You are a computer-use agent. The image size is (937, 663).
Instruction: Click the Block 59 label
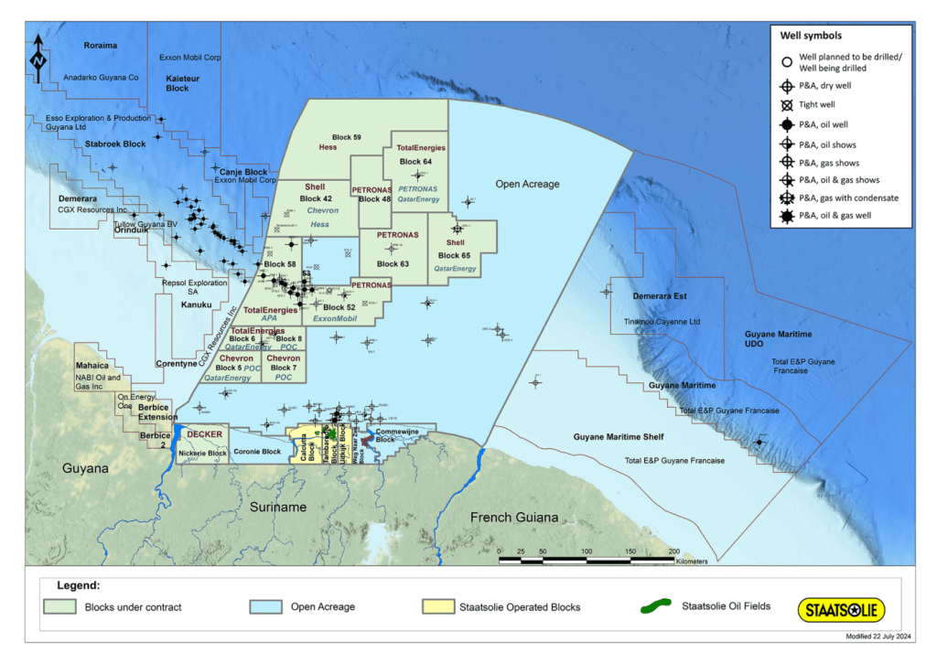[x=347, y=137]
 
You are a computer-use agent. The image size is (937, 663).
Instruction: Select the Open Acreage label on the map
[x=527, y=185]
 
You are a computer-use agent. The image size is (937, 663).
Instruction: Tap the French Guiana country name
[x=513, y=518]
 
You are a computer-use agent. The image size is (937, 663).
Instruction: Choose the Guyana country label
[x=85, y=468]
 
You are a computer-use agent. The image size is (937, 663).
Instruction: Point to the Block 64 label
[x=415, y=162]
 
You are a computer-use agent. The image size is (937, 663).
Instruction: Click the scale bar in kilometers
[x=587, y=557]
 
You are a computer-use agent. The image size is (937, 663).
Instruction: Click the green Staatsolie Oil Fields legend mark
[x=658, y=606]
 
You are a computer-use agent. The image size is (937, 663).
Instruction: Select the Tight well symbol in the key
[x=787, y=106]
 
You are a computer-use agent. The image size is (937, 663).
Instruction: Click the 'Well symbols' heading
[x=810, y=36]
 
